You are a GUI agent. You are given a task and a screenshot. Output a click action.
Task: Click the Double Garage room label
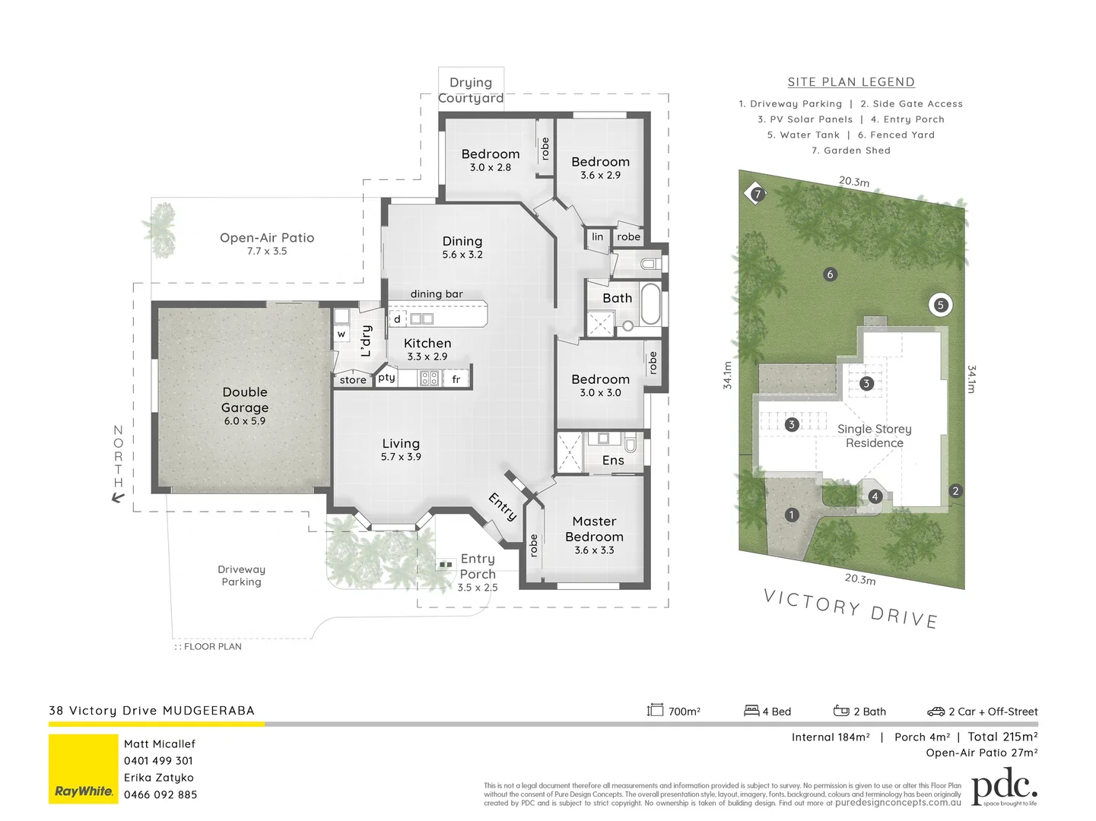click(x=245, y=400)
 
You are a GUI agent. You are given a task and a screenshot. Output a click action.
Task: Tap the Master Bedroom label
click(x=594, y=529)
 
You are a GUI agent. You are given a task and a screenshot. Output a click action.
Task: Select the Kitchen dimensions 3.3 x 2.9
click(x=427, y=357)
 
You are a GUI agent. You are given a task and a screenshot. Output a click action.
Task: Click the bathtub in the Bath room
click(x=650, y=303)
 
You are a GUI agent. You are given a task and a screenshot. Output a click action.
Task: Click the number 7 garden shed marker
click(x=757, y=194)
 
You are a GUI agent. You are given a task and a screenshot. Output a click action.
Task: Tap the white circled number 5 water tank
click(x=940, y=305)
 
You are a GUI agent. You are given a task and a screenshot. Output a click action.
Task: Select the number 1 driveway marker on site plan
click(x=792, y=515)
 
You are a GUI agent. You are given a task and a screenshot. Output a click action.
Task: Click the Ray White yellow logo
click(x=84, y=769)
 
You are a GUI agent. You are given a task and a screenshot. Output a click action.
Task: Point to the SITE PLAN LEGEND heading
click(x=851, y=82)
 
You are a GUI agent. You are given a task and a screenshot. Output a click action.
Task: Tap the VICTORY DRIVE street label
click(x=850, y=609)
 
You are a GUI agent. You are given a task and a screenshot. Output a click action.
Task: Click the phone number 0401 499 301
click(x=158, y=760)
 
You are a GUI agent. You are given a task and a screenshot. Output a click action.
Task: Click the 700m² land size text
click(x=684, y=712)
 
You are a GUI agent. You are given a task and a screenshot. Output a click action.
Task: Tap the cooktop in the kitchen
click(x=429, y=377)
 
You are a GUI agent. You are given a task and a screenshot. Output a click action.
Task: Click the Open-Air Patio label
click(x=267, y=238)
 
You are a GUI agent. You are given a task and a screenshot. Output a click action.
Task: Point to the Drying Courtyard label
click(x=471, y=90)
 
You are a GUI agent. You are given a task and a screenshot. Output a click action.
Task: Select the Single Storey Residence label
click(x=874, y=436)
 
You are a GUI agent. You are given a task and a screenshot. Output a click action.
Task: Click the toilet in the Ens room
click(x=630, y=442)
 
